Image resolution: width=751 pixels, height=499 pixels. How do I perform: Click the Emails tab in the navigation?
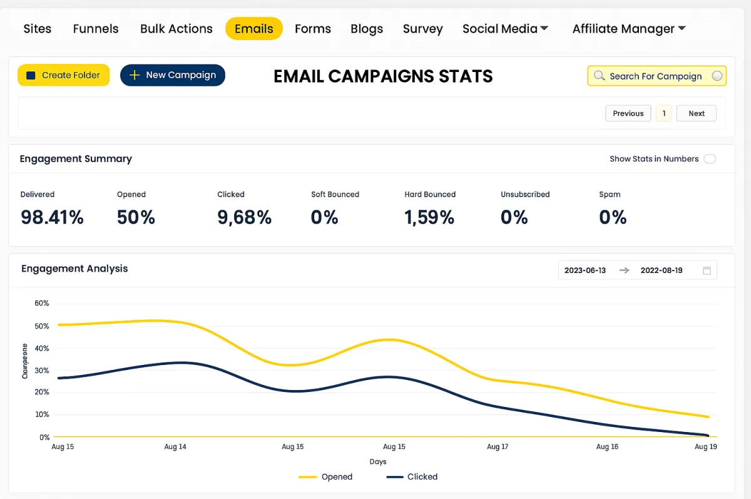253,29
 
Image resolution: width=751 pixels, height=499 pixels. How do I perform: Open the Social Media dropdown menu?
505,29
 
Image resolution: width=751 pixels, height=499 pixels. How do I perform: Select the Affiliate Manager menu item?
629,29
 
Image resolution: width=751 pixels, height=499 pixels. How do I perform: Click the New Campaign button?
173,75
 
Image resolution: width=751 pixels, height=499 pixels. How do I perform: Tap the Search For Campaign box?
656,76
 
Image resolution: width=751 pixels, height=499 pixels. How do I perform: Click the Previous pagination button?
628,113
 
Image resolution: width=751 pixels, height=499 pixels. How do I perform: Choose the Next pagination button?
696,113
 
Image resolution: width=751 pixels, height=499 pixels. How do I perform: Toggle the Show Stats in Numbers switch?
710,159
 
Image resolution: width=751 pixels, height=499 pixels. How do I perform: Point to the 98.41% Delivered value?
52,217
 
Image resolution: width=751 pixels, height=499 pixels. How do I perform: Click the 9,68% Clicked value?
244,217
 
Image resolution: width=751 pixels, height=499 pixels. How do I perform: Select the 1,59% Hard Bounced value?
429,217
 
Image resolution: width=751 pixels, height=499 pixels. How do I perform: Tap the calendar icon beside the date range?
707,270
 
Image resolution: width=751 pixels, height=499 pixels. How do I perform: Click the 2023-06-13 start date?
585,270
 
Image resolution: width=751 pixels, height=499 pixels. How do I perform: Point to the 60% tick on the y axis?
42,303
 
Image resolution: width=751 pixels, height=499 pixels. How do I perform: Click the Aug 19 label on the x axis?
705,446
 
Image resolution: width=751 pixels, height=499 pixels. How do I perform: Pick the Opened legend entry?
325,476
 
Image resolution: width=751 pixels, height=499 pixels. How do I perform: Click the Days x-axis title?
378,461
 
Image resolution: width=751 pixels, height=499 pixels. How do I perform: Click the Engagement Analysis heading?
74,269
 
